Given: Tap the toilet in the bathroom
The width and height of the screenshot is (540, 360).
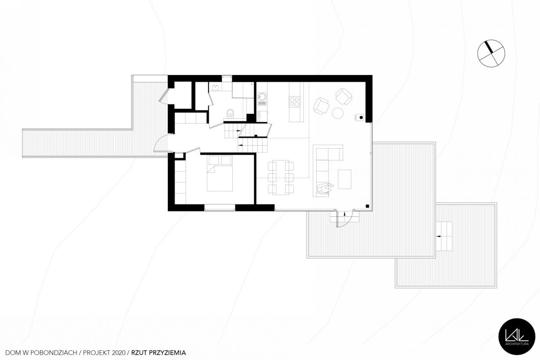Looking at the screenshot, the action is click(230, 113).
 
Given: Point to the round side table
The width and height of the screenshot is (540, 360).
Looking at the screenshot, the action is click(338, 113).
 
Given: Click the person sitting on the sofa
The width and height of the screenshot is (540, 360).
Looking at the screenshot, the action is click(325, 188).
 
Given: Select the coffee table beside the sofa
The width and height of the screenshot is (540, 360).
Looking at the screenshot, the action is click(345, 179).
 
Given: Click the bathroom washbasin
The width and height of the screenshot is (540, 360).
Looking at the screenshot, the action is click(216, 87).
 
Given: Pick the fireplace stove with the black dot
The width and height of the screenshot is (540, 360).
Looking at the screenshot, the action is click(360, 117).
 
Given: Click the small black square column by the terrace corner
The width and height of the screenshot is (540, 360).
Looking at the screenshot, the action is click(368, 206).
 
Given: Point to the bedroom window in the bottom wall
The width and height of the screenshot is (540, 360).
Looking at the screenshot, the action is click(220, 207).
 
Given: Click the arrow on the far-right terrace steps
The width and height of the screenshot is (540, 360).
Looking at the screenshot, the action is click(439, 236).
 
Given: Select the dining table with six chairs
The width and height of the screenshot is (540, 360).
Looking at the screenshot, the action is click(281, 178).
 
